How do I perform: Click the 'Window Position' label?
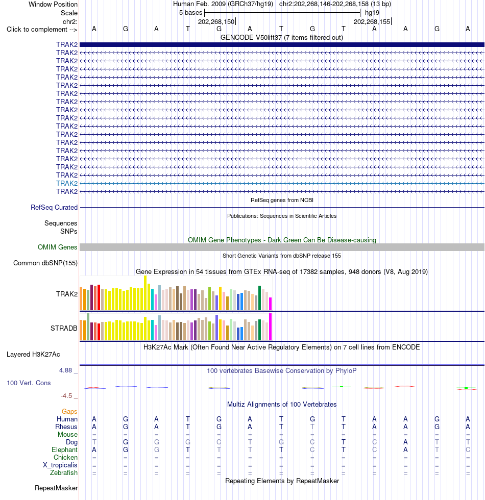pos(53,5)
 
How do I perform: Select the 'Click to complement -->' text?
pos(42,30)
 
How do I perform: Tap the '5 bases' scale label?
pos(190,13)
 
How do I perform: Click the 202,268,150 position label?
pos(216,21)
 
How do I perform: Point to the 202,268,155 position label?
pos(372,21)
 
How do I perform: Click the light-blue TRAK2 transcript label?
pos(67,183)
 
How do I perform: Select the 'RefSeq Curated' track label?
pos(54,208)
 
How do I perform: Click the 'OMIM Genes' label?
pos(57,247)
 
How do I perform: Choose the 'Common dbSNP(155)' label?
pos(45,263)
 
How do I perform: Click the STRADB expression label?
pos(64,328)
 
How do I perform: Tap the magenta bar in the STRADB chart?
pos(270,327)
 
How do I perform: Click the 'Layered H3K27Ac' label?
pos(33,355)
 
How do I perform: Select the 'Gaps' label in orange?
pos(69,412)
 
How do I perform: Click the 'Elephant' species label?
pos(64,450)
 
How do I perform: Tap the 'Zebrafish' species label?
pos(63,473)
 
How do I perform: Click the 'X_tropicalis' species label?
pos(60,465)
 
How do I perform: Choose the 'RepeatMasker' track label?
pos(56,488)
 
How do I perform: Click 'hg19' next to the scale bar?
pos(372,13)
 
